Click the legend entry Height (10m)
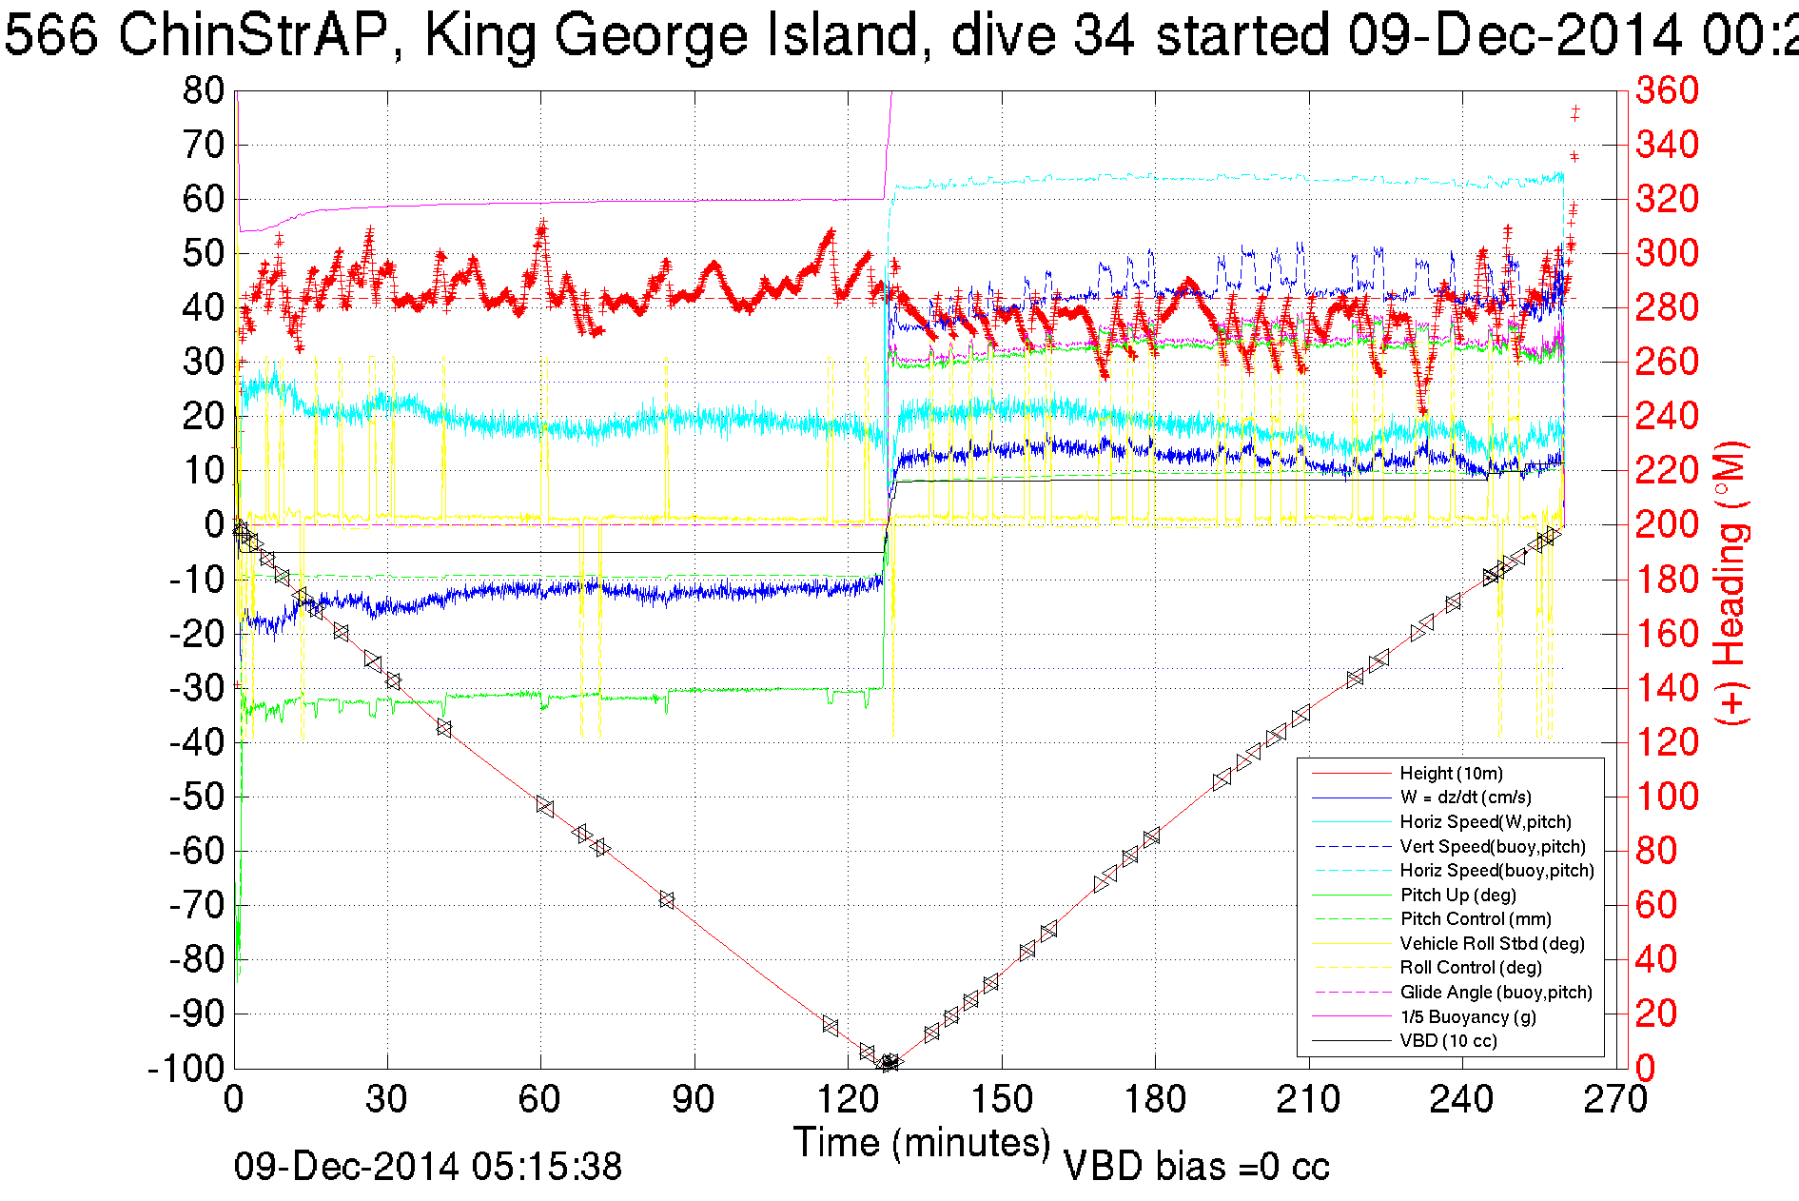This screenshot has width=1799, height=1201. (1451, 774)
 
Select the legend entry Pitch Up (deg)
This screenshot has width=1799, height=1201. (1457, 896)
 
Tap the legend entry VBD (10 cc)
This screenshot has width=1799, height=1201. (1448, 1041)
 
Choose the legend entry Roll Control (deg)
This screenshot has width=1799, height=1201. (1471, 968)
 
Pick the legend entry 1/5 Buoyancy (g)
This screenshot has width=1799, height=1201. (1468, 1017)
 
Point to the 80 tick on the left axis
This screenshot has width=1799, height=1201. (203, 91)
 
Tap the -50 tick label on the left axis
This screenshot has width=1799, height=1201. (195, 797)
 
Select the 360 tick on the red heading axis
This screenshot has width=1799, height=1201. (1667, 91)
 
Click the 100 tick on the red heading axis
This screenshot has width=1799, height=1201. (1667, 797)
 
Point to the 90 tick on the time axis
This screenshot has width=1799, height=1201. (694, 1100)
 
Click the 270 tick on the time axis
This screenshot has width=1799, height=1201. (1615, 1100)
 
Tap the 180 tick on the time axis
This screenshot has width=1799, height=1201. (1155, 1100)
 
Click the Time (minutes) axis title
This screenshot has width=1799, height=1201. (922, 1142)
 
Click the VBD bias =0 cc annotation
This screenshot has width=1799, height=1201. (1196, 1167)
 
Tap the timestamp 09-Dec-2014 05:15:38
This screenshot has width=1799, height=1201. (428, 1167)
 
